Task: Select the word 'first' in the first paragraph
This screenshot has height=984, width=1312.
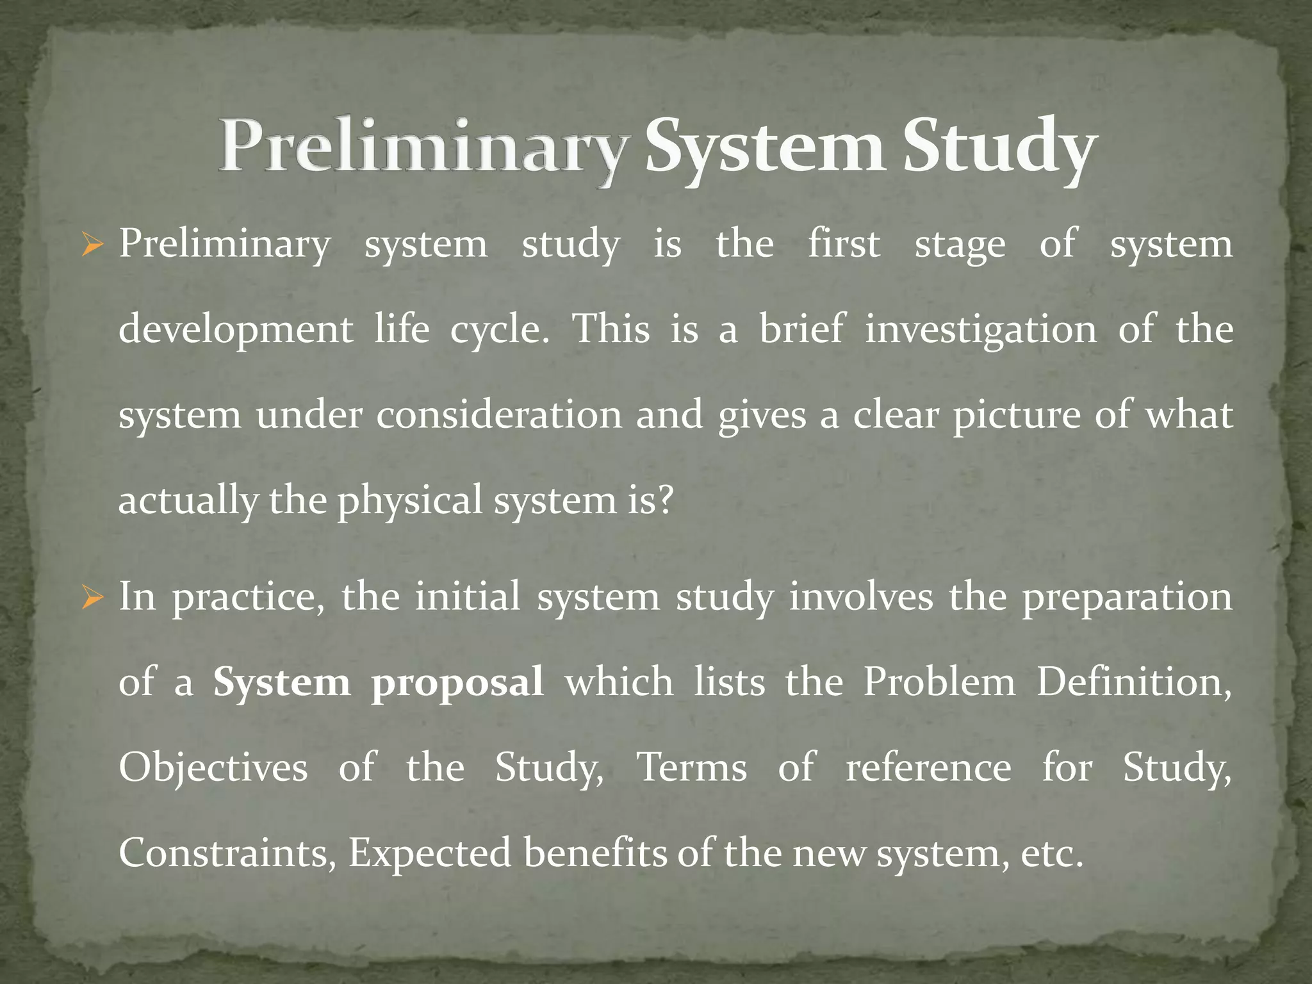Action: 844,244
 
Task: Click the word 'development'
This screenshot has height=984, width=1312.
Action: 236,331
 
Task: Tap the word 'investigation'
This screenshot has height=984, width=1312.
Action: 981,329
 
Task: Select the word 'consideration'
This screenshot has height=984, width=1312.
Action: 499,415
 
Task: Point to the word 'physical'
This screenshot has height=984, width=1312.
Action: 410,501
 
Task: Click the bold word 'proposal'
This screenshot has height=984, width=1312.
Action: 457,683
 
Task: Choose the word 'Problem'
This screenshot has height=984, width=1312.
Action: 939,682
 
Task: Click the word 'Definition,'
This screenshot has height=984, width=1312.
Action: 1134,682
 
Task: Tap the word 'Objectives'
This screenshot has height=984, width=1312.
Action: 213,767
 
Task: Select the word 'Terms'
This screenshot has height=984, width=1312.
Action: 691,767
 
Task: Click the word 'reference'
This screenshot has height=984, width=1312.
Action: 928,767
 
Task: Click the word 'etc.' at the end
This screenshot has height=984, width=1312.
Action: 1051,853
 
